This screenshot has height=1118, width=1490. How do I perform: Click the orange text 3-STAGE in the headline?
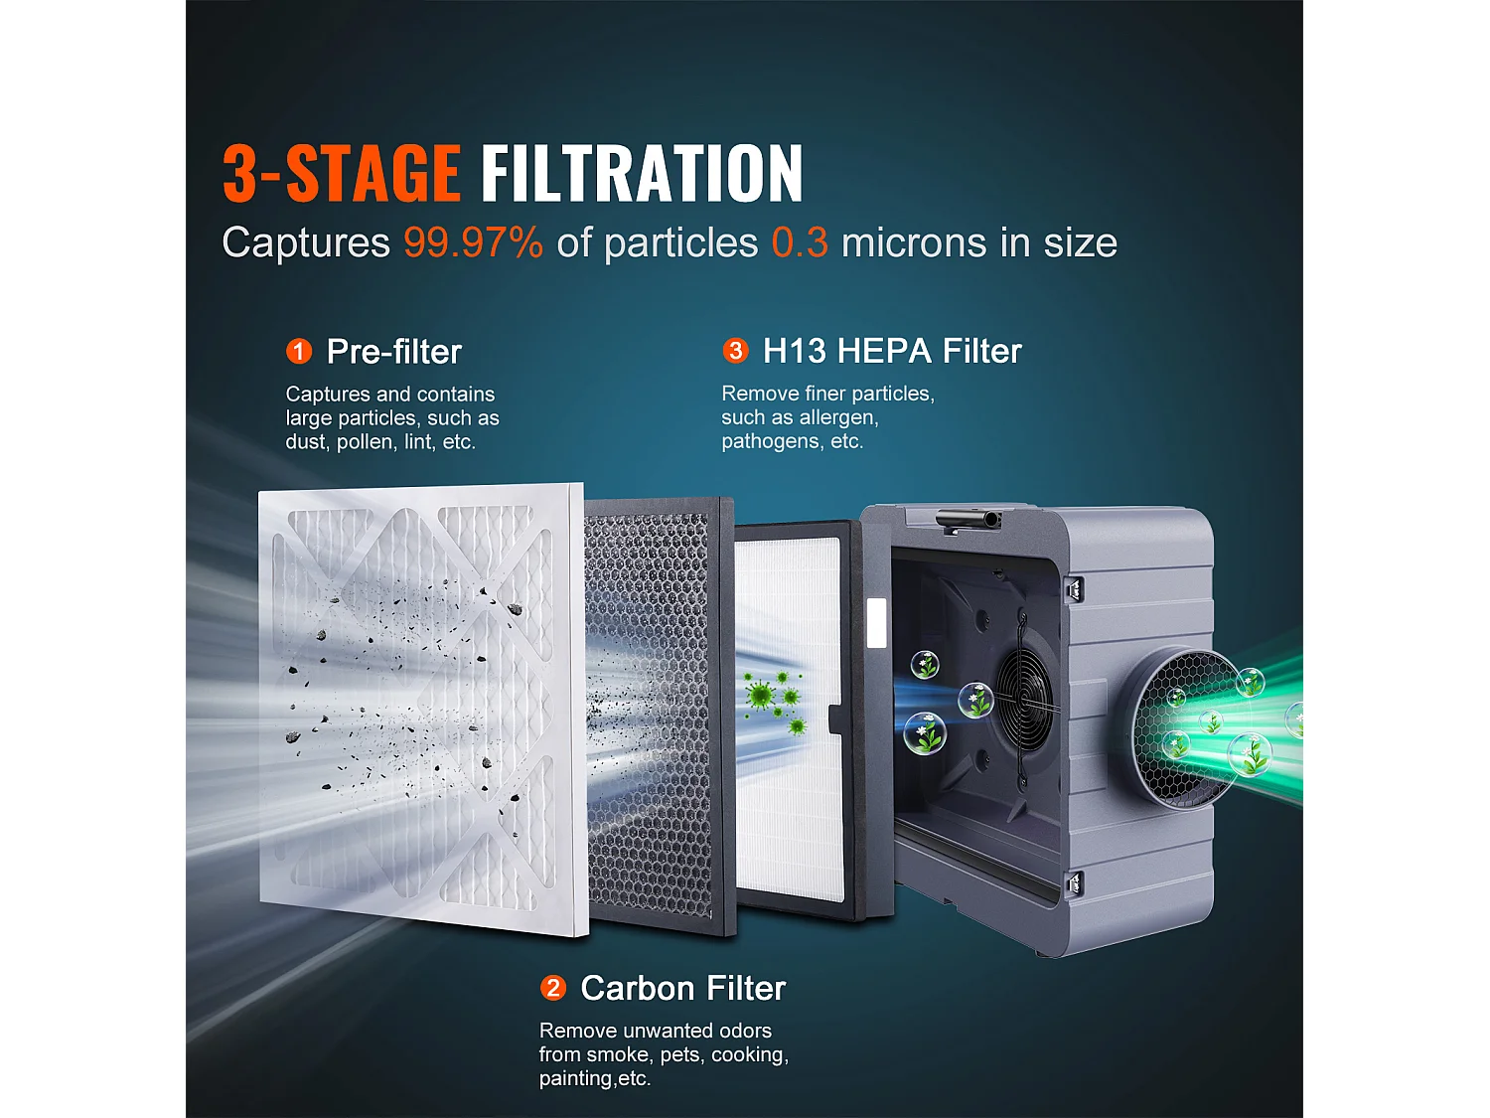(x=341, y=174)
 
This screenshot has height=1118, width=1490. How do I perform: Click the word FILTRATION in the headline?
(x=642, y=174)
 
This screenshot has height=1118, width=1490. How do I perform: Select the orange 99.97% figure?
(x=473, y=242)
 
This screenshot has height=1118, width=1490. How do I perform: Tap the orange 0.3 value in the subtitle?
(x=800, y=242)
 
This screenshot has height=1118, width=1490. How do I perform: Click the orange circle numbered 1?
(x=299, y=351)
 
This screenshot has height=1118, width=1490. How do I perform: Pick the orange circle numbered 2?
(x=552, y=988)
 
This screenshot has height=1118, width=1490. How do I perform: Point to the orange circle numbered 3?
(x=735, y=350)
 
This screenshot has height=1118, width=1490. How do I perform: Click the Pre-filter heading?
(x=394, y=351)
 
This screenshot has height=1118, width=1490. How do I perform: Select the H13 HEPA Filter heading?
(x=892, y=351)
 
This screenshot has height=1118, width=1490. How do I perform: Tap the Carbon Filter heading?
(x=683, y=988)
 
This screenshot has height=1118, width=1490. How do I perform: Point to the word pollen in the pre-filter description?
(x=366, y=441)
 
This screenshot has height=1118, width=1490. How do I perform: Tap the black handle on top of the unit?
(x=968, y=518)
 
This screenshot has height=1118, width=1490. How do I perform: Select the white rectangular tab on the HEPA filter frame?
(x=876, y=623)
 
